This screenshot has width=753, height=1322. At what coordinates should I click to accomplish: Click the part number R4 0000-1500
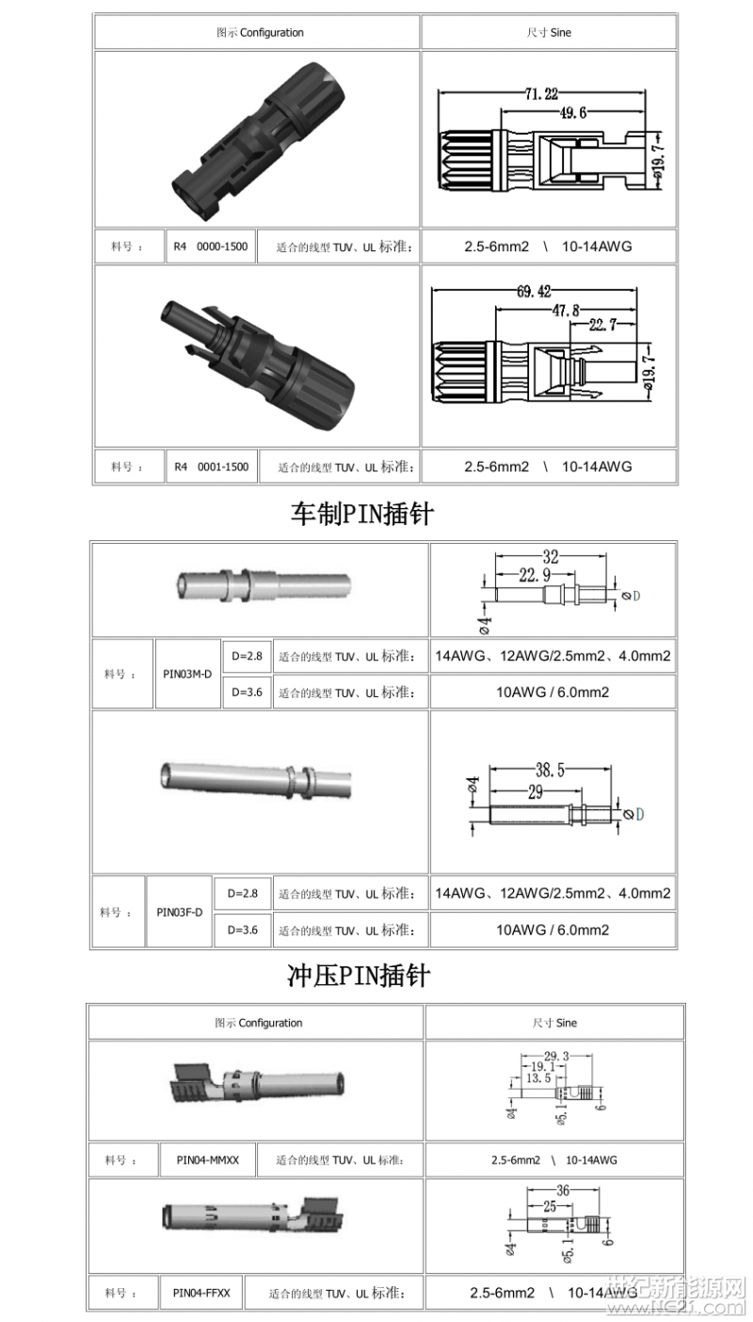211,247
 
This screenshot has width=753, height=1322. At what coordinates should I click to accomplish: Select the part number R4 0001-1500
211,467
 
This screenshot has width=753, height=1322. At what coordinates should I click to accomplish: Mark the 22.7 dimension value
602,326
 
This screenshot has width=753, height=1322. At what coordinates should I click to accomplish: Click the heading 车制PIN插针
361,514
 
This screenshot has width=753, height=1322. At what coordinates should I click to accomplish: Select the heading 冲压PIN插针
358,976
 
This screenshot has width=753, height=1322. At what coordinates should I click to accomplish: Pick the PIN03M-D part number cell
188,674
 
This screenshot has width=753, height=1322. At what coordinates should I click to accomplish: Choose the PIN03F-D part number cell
179,912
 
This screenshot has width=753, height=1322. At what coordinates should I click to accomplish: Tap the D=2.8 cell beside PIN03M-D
247,655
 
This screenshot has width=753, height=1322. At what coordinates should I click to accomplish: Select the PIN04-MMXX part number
207,1160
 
